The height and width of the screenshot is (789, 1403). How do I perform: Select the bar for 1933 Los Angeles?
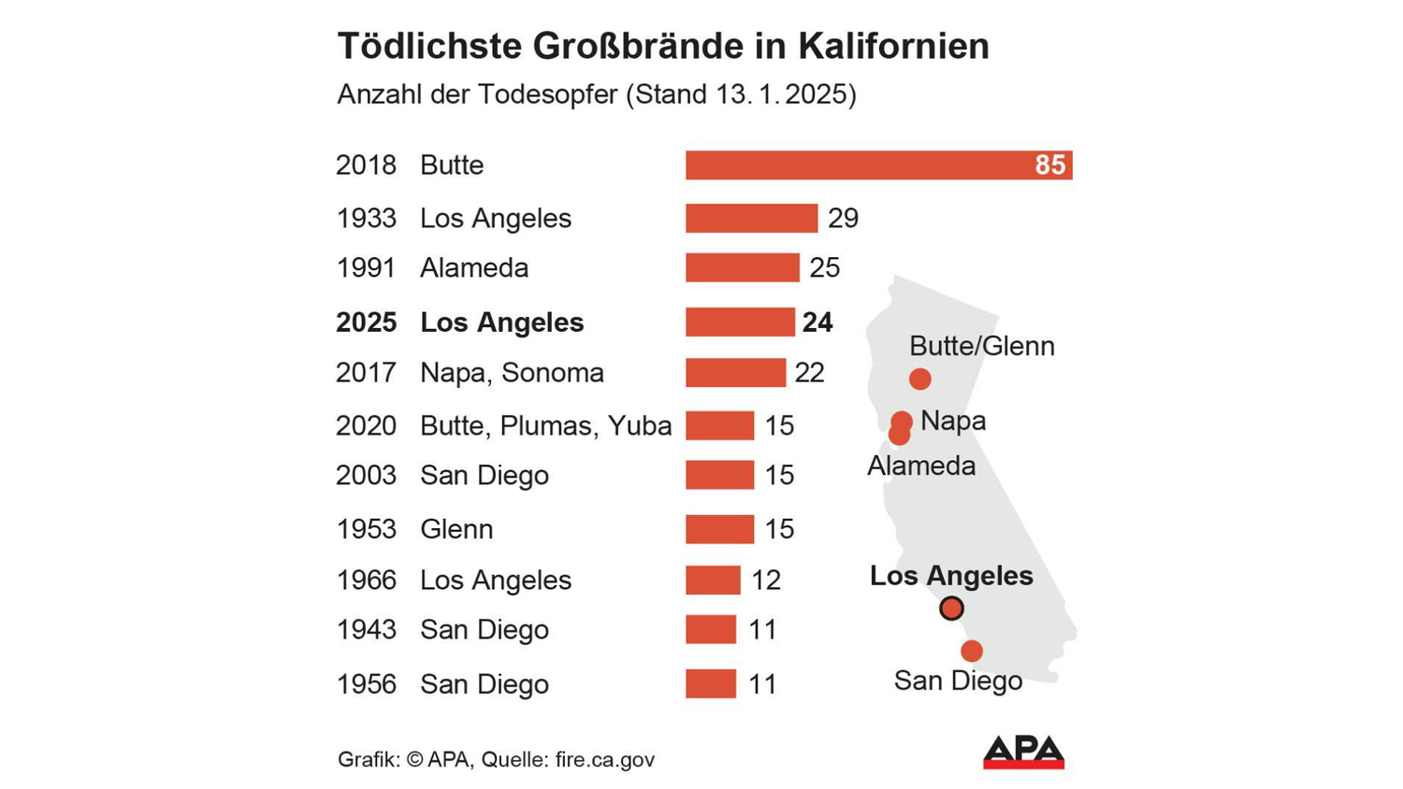click(x=751, y=218)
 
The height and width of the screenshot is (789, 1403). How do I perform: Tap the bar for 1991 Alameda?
click(x=742, y=267)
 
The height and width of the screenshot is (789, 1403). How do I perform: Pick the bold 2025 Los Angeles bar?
click(x=739, y=322)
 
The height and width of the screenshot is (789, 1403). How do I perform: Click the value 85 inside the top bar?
click(x=1049, y=165)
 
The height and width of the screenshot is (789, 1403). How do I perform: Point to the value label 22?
click(x=809, y=373)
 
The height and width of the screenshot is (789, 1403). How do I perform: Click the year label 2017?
click(x=366, y=373)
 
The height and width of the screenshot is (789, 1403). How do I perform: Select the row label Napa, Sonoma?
click(x=512, y=373)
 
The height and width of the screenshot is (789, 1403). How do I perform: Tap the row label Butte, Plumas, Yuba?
click(x=545, y=426)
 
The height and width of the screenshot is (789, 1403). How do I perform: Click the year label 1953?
click(x=366, y=529)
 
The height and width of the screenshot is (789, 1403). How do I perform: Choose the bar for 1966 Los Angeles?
click(x=713, y=580)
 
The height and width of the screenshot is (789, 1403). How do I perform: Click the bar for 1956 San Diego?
click(x=710, y=684)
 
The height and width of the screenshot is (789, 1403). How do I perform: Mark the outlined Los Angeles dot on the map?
click(x=951, y=609)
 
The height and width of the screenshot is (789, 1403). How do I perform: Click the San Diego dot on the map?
click(x=972, y=651)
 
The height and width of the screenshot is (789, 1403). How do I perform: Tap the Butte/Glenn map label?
click(x=981, y=346)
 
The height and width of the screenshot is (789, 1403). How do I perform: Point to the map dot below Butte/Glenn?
click(x=919, y=379)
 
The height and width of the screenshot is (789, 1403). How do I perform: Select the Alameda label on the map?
click(x=920, y=466)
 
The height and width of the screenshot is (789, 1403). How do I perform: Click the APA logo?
click(x=1023, y=752)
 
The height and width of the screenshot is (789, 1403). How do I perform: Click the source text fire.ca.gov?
click(x=604, y=759)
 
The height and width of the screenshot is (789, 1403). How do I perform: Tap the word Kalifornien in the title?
click(x=893, y=46)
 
